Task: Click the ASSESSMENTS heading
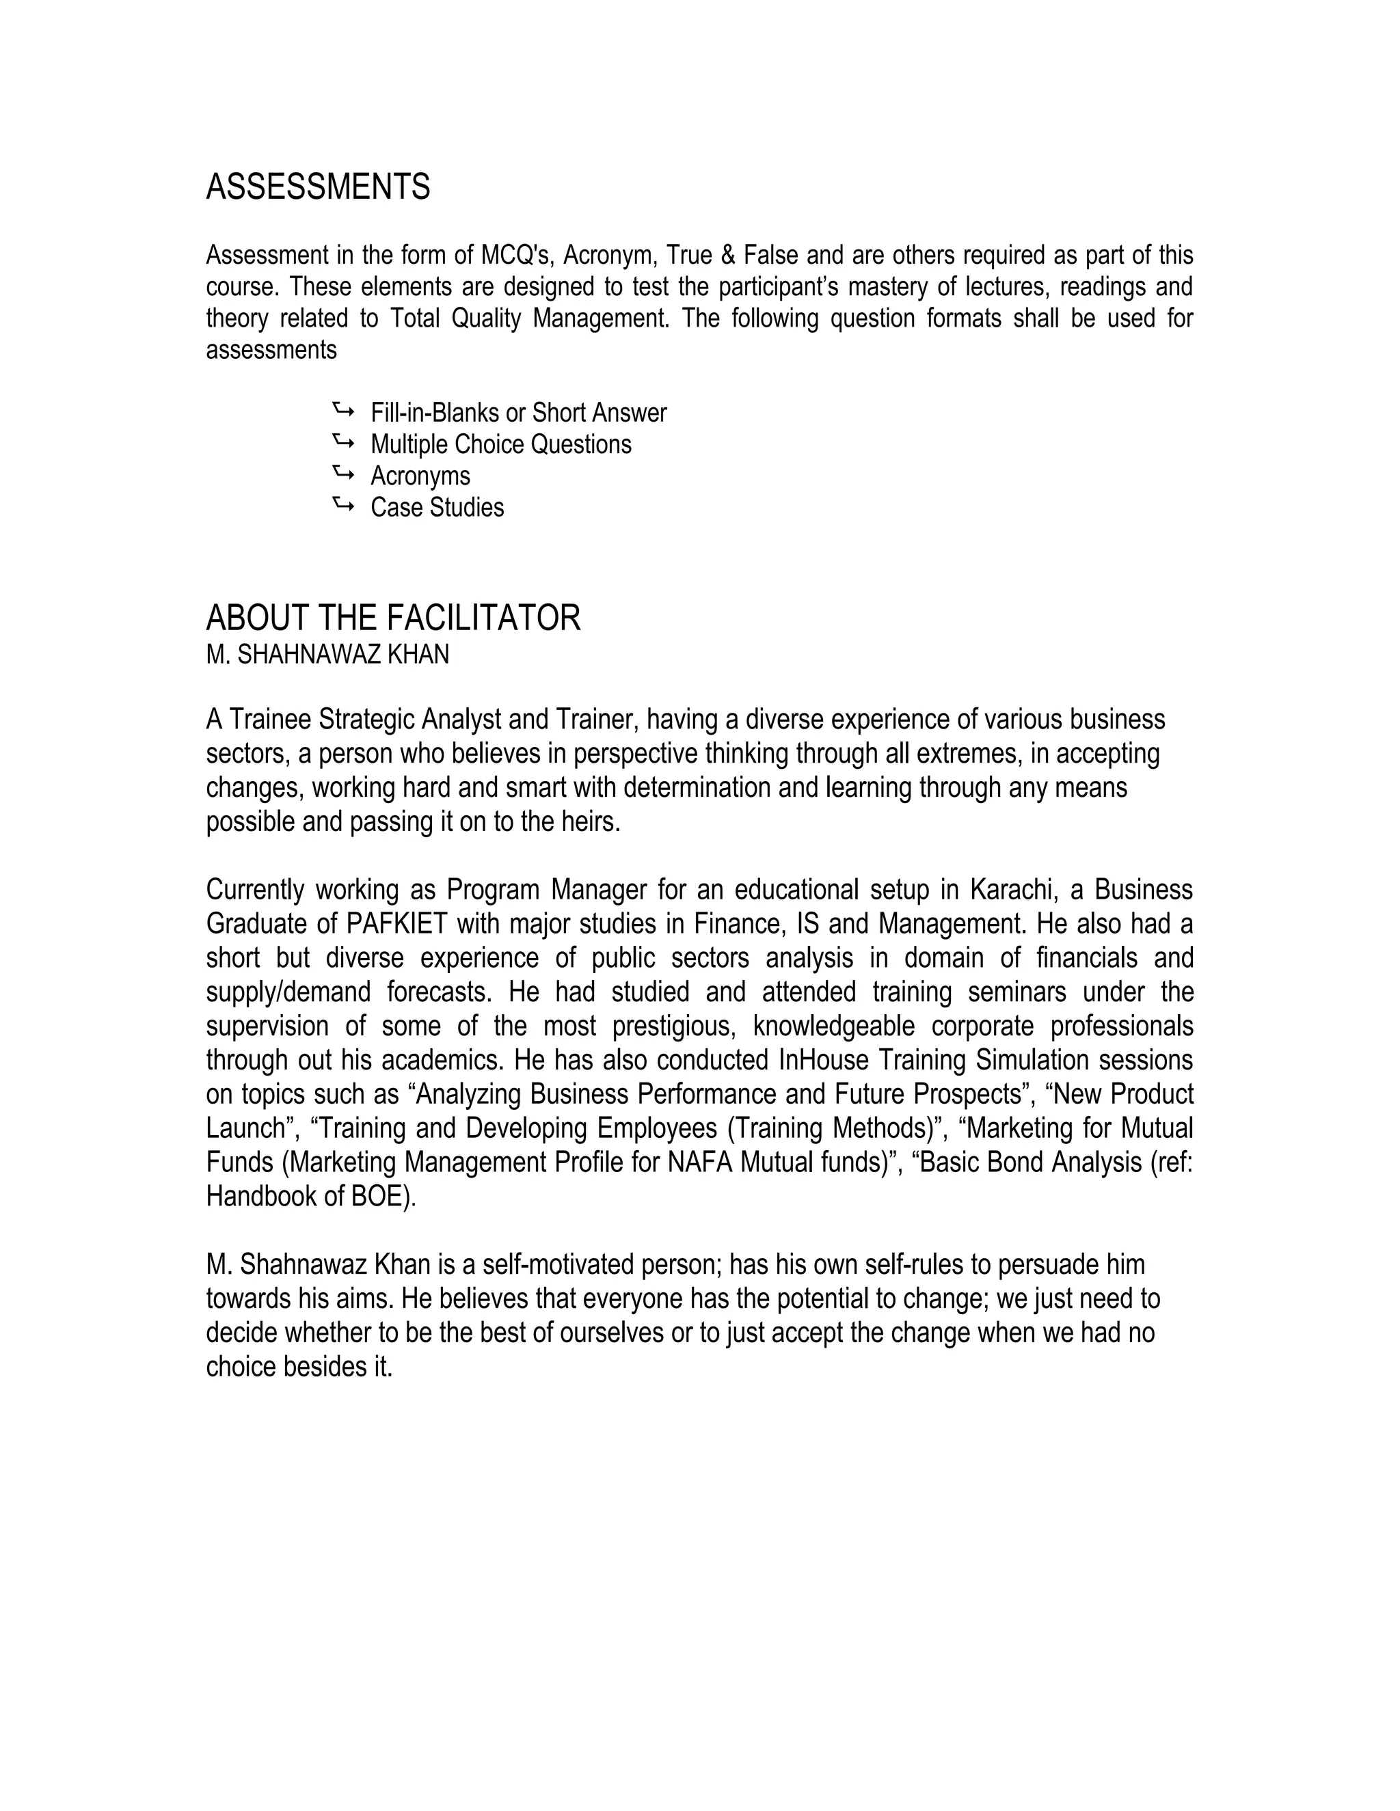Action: (318, 187)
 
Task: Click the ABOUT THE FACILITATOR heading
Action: (393, 618)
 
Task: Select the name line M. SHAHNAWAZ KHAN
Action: (327, 655)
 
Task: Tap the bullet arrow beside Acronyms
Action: (342, 474)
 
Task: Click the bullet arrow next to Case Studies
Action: (342, 505)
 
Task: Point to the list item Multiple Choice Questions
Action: (500, 444)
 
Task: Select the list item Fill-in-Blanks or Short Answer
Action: (517, 413)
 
